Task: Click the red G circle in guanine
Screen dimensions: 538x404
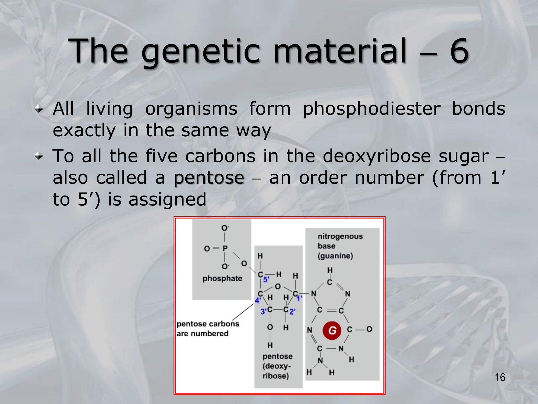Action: pos(332,330)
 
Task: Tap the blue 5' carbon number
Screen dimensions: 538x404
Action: pos(266,280)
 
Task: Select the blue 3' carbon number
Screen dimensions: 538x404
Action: pos(263,312)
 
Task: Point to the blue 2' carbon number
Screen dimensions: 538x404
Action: pos(292,312)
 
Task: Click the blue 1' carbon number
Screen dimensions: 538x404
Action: pos(299,298)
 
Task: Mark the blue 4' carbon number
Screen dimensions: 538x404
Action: pos(258,301)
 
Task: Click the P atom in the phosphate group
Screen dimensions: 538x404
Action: pos(225,248)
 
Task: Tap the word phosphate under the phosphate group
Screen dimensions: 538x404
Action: pos(222,278)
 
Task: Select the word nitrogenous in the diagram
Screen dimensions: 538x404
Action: pos(340,236)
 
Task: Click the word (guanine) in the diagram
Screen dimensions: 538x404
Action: pos(335,256)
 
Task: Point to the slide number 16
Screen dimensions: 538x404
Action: pos(500,377)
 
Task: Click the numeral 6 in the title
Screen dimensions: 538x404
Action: pos(459,51)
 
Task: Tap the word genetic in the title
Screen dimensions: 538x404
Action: pos(201,53)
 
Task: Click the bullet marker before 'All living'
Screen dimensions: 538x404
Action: pos(39,109)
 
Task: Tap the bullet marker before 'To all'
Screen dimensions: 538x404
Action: pos(39,156)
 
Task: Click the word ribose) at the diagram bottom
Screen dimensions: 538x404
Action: pos(276,376)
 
